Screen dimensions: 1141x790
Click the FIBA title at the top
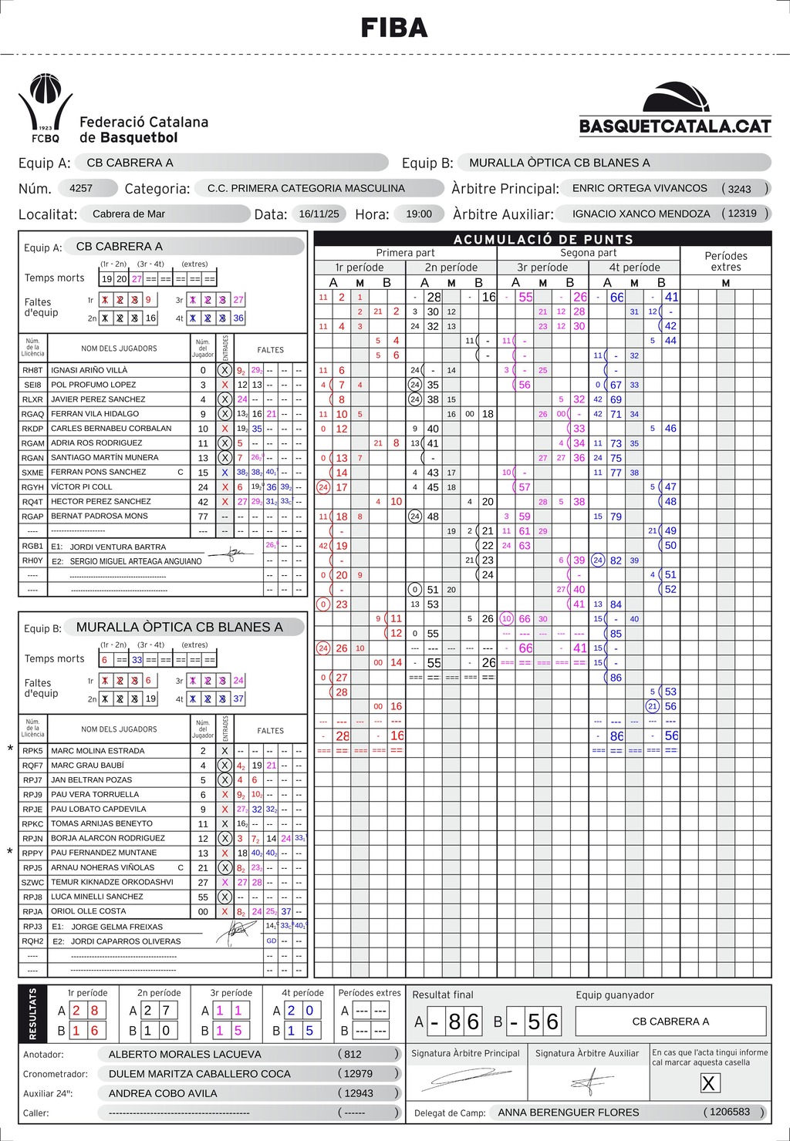tap(394, 29)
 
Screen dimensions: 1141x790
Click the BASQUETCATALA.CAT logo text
tap(675, 126)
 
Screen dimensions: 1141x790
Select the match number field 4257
tap(81, 188)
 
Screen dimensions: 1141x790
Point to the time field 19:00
tap(419, 214)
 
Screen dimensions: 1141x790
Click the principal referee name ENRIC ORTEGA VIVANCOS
tap(640, 188)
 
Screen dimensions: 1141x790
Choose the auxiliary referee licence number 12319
tap(742, 214)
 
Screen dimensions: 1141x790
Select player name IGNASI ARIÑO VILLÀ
tap(89, 370)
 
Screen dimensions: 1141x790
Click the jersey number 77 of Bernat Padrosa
tap(203, 517)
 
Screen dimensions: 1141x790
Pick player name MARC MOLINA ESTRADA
tap(97, 751)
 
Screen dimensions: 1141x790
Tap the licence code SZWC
tap(32, 883)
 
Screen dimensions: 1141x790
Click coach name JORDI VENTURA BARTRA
tap(117, 547)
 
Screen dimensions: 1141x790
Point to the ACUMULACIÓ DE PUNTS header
tap(543, 239)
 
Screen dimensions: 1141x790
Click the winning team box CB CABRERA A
tap(670, 1022)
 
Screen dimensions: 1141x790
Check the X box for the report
tap(708, 1083)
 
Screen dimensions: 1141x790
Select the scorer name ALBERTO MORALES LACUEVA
tap(184, 1054)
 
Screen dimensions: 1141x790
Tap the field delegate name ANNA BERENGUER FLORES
tap(569, 1112)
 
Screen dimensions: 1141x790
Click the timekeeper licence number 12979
tap(358, 1073)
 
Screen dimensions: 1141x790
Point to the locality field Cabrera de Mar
tap(128, 214)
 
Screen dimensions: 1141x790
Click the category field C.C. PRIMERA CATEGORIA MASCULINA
tap(306, 188)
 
